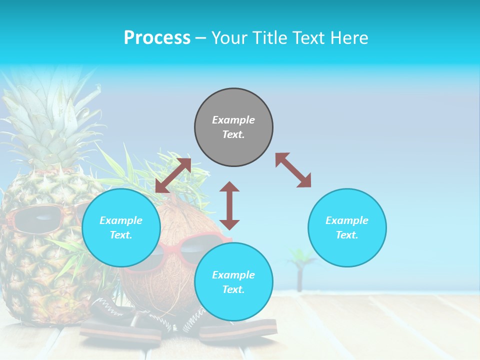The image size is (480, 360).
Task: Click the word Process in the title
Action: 157,38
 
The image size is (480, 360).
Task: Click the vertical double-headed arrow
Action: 229,205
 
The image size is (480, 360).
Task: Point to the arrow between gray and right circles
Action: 293,170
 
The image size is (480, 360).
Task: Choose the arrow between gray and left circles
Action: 173,175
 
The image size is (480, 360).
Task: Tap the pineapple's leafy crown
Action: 50,120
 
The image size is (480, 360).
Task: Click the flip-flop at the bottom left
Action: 120,332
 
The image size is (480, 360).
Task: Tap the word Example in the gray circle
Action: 233,120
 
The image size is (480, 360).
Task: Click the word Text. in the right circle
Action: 347,235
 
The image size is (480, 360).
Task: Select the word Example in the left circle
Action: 121,220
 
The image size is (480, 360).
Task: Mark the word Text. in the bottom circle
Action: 233,289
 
